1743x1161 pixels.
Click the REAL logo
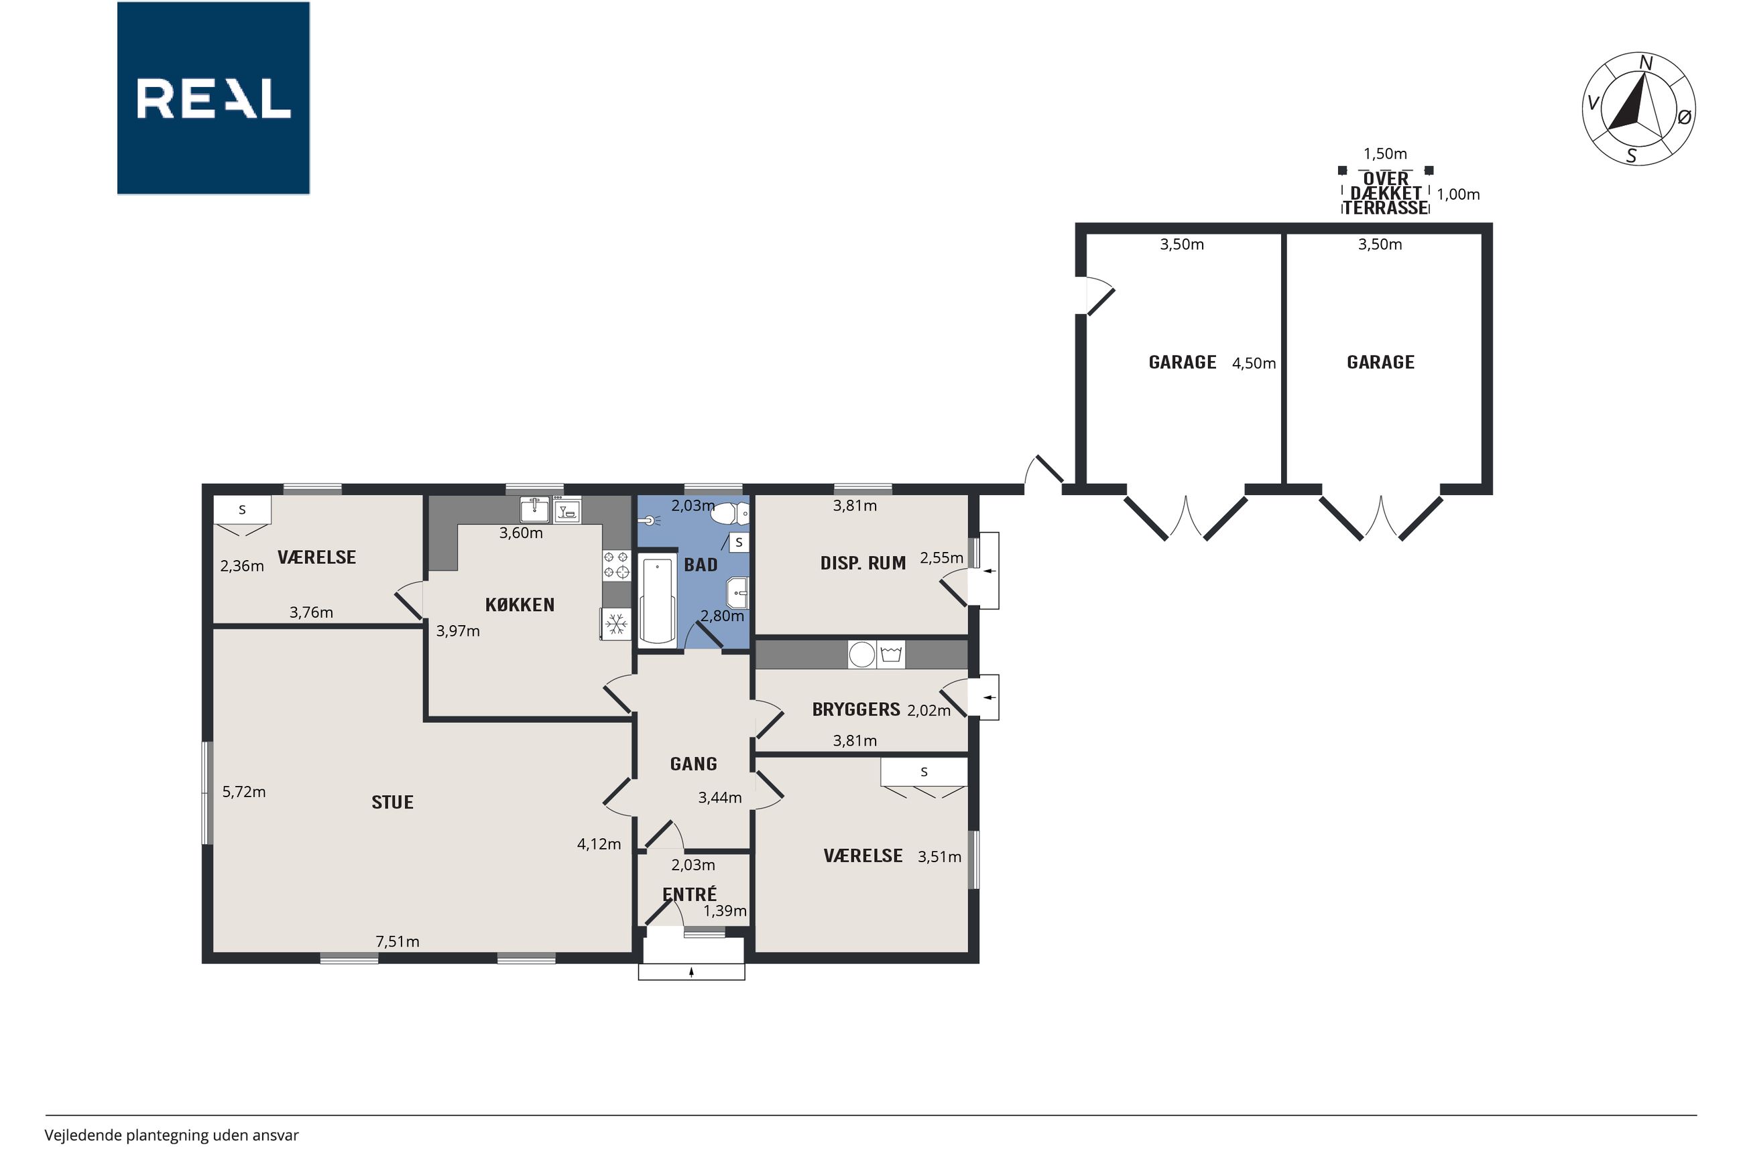213,98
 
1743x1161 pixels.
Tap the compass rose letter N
1645,63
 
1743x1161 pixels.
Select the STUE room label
393,802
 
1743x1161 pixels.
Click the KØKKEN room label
520,604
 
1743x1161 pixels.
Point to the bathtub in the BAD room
657,601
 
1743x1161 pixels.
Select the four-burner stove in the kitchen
616,564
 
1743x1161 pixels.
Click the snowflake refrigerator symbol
615,624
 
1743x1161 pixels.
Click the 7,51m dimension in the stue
397,941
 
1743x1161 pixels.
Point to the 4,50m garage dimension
1254,363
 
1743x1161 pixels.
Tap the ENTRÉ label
690,894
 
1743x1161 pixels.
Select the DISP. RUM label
863,563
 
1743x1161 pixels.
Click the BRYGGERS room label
856,709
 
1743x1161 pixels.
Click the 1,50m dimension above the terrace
1385,153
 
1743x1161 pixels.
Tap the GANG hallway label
693,763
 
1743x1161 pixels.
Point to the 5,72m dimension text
244,791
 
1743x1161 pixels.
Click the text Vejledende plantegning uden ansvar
171,1135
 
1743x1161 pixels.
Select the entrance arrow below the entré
691,972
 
